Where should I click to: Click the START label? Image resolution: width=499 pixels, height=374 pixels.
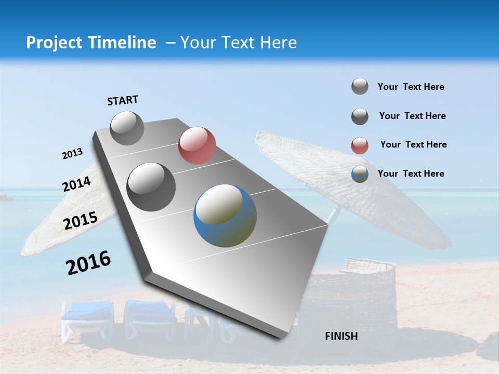click(x=123, y=100)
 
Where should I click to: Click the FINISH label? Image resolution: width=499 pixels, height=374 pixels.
click(x=342, y=336)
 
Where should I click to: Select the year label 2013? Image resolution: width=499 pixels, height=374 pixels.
click(x=72, y=154)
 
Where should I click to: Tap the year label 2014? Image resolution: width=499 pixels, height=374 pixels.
click(x=77, y=184)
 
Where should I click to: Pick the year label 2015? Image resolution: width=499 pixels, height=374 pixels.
click(x=81, y=221)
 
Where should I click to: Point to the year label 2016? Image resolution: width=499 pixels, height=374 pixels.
click(x=88, y=263)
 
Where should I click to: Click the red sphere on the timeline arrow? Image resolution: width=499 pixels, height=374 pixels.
click(x=197, y=145)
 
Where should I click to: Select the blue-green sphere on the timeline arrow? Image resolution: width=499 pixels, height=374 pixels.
click(x=225, y=216)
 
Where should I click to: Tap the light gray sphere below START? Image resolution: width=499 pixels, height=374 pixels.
click(x=127, y=128)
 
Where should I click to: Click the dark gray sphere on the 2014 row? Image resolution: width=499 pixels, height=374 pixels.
click(x=151, y=187)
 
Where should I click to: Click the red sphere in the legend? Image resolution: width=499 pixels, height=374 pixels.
click(x=360, y=145)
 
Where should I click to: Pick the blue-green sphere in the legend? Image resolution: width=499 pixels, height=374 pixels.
click(x=360, y=175)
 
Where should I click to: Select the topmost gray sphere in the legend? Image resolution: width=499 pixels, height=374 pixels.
click(x=360, y=86)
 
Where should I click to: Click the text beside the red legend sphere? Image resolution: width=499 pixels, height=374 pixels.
click(x=413, y=144)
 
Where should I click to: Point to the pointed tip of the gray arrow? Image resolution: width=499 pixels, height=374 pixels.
click(x=281, y=338)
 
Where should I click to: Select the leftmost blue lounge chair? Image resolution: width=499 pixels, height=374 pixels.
click(x=87, y=318)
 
